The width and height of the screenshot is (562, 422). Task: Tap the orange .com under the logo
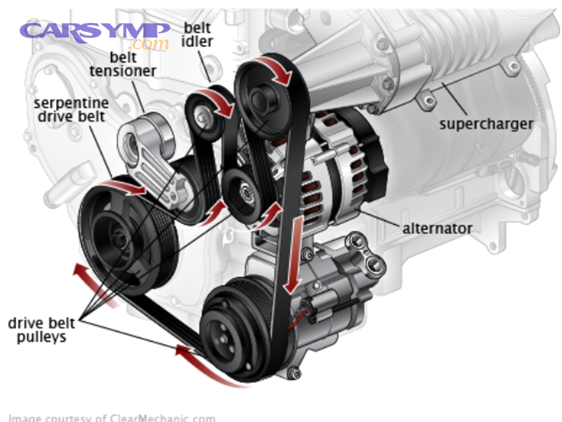(x=149, y=44)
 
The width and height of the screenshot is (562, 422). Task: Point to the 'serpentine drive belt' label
(x=71, y=110)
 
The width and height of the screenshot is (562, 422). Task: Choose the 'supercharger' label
(x=486, y=123)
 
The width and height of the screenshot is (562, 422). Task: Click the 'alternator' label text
(x=436, y=229)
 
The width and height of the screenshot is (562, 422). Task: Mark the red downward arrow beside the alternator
(x=290, y=256)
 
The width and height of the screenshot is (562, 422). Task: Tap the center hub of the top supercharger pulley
(x=258, y=98)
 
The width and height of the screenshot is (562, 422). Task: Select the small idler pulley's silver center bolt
(x=200, y=115)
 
